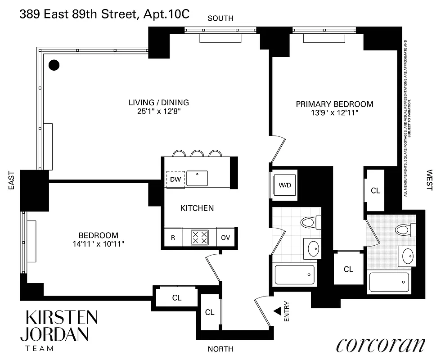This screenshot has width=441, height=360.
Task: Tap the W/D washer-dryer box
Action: coord(285,185)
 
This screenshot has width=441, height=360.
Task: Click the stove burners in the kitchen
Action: coord(199,237)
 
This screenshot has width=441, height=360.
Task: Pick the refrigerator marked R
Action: coord(172,238)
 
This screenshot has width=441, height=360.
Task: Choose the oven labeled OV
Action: coord(225,238)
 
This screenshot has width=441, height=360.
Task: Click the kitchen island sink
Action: coord(197,178)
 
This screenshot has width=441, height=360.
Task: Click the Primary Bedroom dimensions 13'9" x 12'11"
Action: coord(334,113)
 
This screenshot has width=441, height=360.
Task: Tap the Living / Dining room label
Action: coord(158,103)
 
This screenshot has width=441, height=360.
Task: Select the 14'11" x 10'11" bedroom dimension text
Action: coord(99,244)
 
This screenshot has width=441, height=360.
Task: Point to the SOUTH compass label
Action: coord(220,18)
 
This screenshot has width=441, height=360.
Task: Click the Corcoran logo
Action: coord(380,344)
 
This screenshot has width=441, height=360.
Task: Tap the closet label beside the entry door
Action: coord(209,312)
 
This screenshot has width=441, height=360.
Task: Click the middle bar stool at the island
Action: coord(197,153)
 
